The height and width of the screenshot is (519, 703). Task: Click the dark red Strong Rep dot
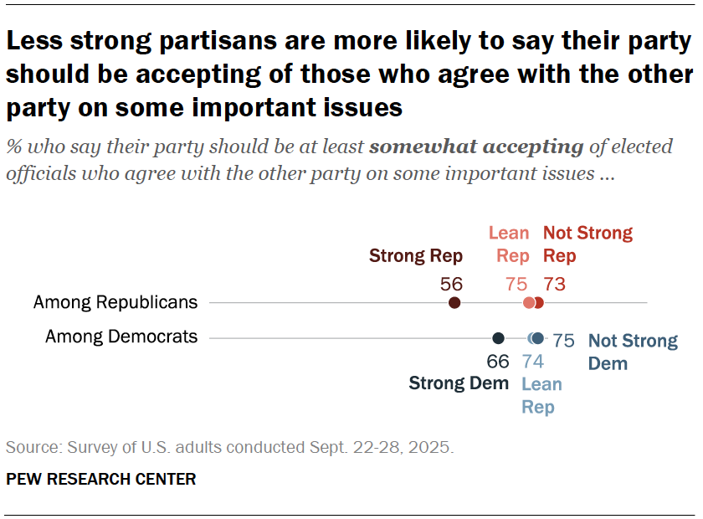[x=454, y=303]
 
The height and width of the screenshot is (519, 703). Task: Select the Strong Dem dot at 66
[x=498, y=338]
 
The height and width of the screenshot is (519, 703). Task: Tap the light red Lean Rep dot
[x=529, y=303]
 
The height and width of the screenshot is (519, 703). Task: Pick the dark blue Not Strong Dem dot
[x=538, y=338]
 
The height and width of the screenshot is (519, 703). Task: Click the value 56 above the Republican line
[x=452, y=283]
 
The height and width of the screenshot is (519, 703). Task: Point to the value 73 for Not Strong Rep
[x=554, y=283]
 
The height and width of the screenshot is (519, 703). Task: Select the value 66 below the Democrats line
[x=498, y=362]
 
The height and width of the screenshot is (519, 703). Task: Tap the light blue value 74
[x=533, y=362]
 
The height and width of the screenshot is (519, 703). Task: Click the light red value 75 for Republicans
[x=516, y=283]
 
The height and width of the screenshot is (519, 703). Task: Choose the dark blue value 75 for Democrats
[x=563, y=341]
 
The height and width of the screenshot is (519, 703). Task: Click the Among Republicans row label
[x=115, y=302]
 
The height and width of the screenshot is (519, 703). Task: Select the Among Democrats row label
[x=121, y=337]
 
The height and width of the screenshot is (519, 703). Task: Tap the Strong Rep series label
[x=409, y=255]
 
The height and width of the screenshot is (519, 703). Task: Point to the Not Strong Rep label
[x=588, y=244]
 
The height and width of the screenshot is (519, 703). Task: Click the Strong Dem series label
[x=459, y=383]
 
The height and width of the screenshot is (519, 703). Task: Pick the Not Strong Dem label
[x=632, y=352]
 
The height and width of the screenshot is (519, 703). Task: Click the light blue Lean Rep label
[x=541, y=395]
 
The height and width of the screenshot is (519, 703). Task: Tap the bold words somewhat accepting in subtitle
[x=476, y=147]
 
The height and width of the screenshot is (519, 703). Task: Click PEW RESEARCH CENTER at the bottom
[x=101, y=480]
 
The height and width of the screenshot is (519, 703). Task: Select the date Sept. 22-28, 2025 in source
[x=375, y=447]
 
